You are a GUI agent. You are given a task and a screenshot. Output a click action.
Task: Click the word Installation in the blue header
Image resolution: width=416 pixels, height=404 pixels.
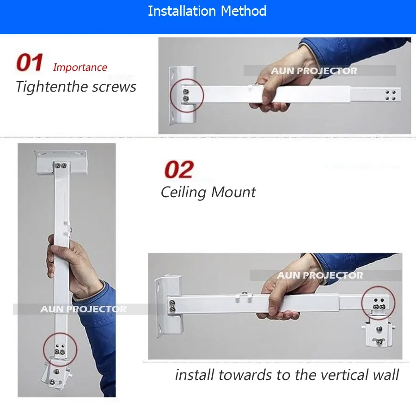click(x=182, y=11)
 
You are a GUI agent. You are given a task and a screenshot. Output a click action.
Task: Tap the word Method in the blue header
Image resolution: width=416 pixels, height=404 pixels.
click(x=244, y=11)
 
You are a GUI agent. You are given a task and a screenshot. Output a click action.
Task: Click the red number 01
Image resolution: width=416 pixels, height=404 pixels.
click(x=30, y=62)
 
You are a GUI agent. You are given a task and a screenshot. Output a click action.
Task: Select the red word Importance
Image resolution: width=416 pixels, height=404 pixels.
click(x=80, y=68)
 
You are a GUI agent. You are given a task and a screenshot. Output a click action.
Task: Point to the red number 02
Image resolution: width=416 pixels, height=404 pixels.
click(x=179, y=169)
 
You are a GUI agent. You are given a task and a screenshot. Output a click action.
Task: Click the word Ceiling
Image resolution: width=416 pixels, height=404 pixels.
click(x=184, y=193)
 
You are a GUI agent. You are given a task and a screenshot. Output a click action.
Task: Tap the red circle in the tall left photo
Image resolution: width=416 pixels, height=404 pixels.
click(x=44, y=349)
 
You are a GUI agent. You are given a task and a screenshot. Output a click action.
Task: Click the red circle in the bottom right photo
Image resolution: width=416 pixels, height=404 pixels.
click(x=362, y=303)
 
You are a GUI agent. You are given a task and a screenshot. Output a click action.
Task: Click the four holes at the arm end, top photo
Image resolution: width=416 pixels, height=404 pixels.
click(x=390, y=95)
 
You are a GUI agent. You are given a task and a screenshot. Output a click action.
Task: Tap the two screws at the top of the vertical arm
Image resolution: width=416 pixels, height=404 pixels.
click(x=61, y=166)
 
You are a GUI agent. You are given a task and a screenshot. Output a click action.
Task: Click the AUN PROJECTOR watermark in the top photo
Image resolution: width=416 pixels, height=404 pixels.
click(x=314, y=71)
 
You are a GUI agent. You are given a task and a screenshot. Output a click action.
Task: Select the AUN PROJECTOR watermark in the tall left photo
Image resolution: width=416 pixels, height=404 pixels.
click(x=83, y=309)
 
